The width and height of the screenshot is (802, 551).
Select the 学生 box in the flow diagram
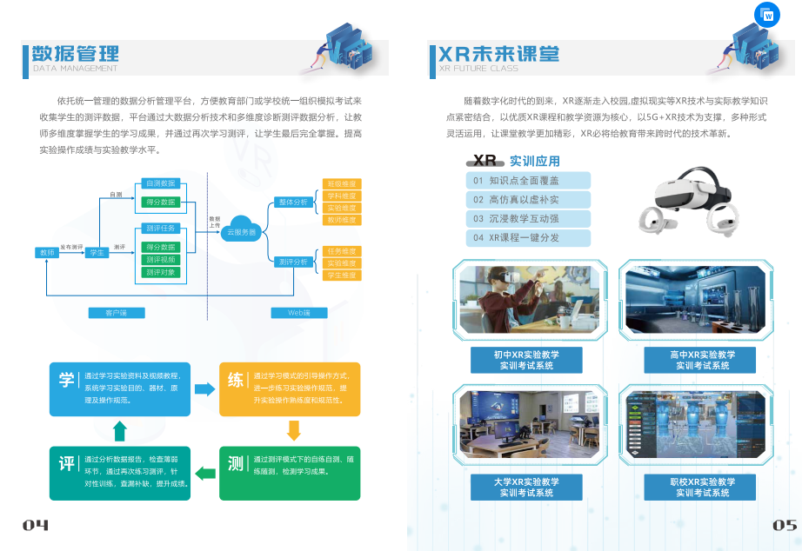tap(97, 252)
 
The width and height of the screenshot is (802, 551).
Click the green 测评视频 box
tap(160, 259)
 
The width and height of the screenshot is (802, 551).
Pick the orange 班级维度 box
tap(341, 184)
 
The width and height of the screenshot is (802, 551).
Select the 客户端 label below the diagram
tap(117, 313)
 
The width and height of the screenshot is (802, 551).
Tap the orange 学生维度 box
tap(341, 275)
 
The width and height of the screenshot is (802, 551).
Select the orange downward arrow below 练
tap(293, 429)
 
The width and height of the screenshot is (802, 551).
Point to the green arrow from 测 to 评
tap(204, 473)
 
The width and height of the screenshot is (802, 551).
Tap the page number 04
tap(36, 525)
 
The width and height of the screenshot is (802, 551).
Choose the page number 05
tap(785, 525)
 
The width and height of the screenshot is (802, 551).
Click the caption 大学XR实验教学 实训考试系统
tap(526, 487)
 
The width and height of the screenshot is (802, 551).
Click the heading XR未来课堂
tap(498, 54)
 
